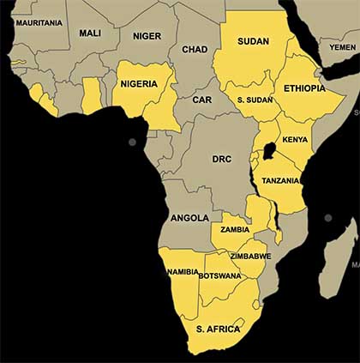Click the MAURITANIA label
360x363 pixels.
39,21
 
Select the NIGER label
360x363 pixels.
147,35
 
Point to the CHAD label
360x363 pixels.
195,49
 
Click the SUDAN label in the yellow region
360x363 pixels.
254,41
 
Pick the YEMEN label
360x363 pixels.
343,47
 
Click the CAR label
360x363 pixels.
201,100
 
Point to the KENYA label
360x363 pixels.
295,139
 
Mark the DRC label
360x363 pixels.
221,159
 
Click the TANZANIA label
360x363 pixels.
281,180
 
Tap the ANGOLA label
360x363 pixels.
189,218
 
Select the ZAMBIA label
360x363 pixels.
235,229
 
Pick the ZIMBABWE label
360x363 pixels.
250,256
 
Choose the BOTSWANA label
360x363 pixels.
219,275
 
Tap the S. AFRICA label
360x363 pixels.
219,328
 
